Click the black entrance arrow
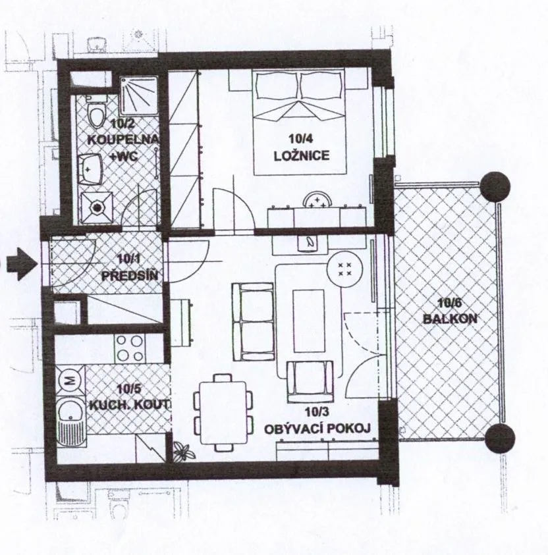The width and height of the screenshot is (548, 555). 22,264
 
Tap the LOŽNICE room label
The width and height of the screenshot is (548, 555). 302,156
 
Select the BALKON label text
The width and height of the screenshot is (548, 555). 450,319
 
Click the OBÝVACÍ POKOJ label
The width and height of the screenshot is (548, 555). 317,429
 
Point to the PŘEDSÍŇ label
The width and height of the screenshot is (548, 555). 130,275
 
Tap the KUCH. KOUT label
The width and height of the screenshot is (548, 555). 129,405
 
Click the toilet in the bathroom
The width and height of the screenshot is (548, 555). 97,113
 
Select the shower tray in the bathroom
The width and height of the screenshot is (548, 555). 138,95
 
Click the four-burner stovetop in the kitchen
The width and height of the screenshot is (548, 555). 130,348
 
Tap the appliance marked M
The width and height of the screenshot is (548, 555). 70,381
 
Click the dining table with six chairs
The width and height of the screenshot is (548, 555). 223,413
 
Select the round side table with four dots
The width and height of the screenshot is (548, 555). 344,269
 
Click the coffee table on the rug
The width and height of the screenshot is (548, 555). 309,321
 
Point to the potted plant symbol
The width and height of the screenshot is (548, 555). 184,452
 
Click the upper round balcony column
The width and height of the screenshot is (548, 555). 495,186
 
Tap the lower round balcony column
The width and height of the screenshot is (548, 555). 499,438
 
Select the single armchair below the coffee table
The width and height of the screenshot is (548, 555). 310,382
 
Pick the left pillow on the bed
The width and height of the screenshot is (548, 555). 277,86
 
